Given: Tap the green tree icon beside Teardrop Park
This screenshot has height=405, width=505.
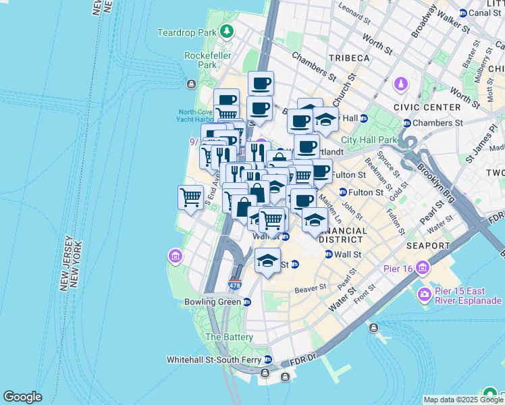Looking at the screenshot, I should click(x=228, y=31).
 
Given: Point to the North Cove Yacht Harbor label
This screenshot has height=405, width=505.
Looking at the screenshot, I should click(x=197, y=117).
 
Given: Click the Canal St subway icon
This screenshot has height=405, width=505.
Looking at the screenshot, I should click(x=462, y=13).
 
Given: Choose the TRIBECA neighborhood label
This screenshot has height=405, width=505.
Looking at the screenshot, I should click(x=348, y=59).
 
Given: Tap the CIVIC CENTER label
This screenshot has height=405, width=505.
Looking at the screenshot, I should click(x=432, y=107).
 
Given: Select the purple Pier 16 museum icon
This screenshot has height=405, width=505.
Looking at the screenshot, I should click(x=423, y=268).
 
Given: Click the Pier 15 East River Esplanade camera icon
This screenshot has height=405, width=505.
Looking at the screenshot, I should click(x=424, y=294).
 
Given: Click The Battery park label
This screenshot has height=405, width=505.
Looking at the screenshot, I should click(x=229, y=337).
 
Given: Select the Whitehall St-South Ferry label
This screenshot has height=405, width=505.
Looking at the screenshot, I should click(x=214, y=359).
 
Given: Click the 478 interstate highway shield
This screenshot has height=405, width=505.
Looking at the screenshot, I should click(x=234, y=286).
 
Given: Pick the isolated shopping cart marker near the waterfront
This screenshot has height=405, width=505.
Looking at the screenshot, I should click(x=191, y=198).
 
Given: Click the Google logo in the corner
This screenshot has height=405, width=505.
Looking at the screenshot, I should click(x=22, y=397).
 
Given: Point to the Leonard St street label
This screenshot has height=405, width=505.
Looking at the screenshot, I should click(x=353, y=10).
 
